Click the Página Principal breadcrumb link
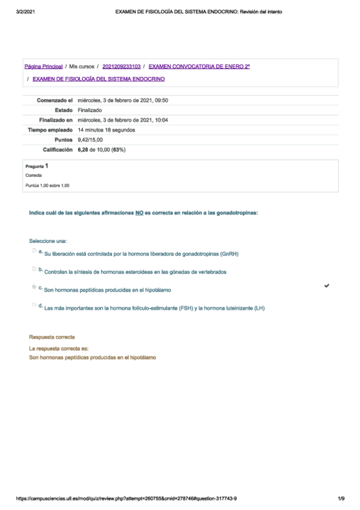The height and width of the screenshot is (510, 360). [43, 66]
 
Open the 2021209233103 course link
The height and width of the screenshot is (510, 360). [122, 66]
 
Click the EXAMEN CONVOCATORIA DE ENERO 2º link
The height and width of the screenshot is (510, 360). [199, 66]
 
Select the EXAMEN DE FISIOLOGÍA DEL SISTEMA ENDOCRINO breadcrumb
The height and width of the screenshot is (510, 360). [99, 79]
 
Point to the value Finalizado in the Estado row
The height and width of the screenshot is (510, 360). [90, 110]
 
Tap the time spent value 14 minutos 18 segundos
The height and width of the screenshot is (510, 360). [106, 129]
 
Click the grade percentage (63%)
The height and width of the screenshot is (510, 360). [118, 149]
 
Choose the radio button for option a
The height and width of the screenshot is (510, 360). [34, 251]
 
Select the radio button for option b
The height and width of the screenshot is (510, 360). [34, 269]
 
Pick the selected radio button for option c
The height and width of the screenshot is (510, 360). [34, 287]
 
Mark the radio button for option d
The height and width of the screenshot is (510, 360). [34, 306]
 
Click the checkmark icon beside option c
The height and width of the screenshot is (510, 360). [326, 286]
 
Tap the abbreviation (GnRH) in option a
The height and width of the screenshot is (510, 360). [229, 254]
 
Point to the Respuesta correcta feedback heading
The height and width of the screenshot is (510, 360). [52, 337]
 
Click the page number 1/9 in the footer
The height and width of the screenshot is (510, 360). [341, 499]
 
